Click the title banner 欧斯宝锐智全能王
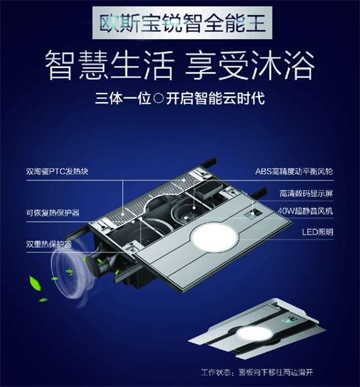click(x=183, y=23)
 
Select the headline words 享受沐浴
click(x=250, y=65)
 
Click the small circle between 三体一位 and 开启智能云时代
click(x=158, y=98)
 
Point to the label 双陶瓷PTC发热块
click(x=57, y=171)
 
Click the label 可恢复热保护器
click(x=52, y=212)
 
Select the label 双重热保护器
click(x=49, y=244)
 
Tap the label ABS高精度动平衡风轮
click(x=294, y=171)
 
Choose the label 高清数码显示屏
click(x=306, y=193)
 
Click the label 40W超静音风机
click(x=305, y=211)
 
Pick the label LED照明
click(x=317, y=232)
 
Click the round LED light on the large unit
click(x=215, y=238)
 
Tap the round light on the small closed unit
click(x=254, y=333)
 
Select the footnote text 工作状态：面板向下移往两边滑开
click(x=257, y=372)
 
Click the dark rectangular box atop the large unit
click(x=209, y=190)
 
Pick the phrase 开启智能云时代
click(x=215, y=98)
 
